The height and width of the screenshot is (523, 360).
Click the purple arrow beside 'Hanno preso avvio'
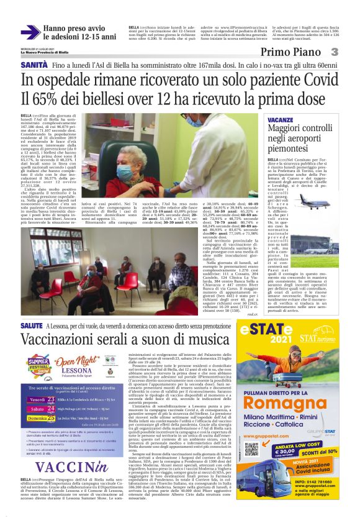pyautogui.click(x=30, y=32)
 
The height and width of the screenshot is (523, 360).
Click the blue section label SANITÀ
pyautogui.click(x=34, y=65)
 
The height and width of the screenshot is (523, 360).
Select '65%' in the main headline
pyautogui.click(x=58, y=99)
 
